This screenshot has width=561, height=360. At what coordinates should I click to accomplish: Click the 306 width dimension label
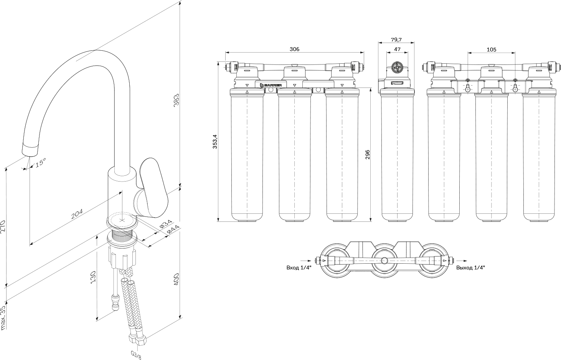(x=294, y=49)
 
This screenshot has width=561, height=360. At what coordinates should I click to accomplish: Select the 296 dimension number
(x=367, y=154)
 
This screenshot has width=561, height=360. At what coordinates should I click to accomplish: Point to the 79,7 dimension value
(x=396, y=40)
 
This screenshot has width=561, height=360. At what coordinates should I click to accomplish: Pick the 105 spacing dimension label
(x=491, y=50)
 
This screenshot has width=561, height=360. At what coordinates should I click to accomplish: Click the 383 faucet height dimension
(x=176, y=100)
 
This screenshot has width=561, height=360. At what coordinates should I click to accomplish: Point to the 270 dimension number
(x=3, y=227)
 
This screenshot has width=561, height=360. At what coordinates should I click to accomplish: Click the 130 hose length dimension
(x=92, y=277)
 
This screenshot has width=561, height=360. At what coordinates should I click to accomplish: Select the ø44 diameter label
(x=173, y=229)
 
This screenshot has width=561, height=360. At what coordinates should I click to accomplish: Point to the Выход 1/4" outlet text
(x=470, y=268)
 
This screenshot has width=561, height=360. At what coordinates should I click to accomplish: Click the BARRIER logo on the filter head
(x=271, y=85)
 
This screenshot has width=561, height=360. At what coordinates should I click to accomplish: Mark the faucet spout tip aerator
(x=31, y=149)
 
